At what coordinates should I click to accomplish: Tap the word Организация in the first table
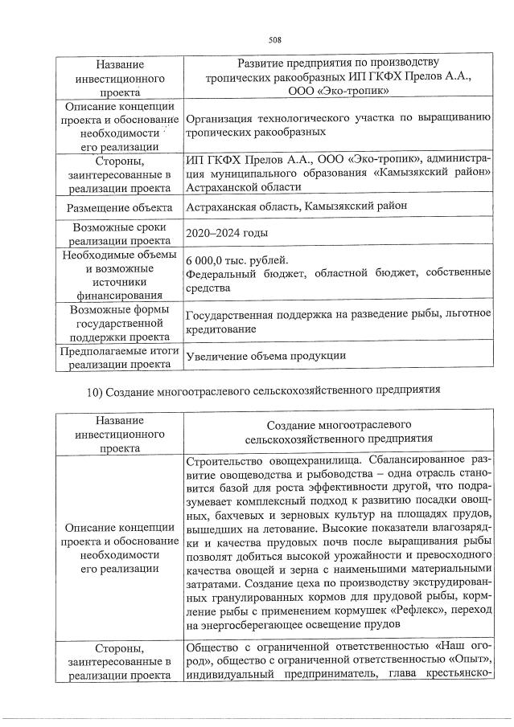(220, 118)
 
